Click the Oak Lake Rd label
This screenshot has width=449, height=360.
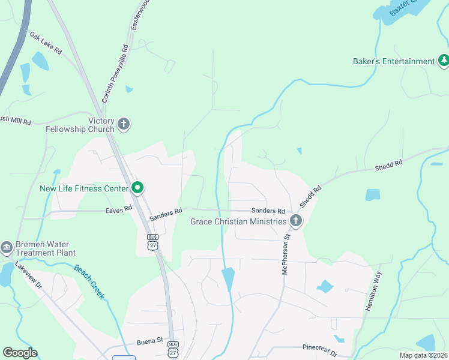click(46, 43)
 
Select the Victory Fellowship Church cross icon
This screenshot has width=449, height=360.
click(124, 125)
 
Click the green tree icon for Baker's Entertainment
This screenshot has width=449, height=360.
click(444, 61)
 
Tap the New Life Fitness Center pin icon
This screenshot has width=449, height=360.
click(137, 188)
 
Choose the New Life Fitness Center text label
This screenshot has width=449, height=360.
click(84, 188)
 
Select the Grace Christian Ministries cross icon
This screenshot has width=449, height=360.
click(295, 221)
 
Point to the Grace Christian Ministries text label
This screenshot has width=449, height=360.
click(238, 221)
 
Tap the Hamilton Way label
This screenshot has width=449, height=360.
click(373, 291)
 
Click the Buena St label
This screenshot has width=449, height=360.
click(150, 340)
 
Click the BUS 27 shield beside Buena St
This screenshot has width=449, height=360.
click(173, 348)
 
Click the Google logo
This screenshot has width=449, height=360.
click(20, 353)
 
